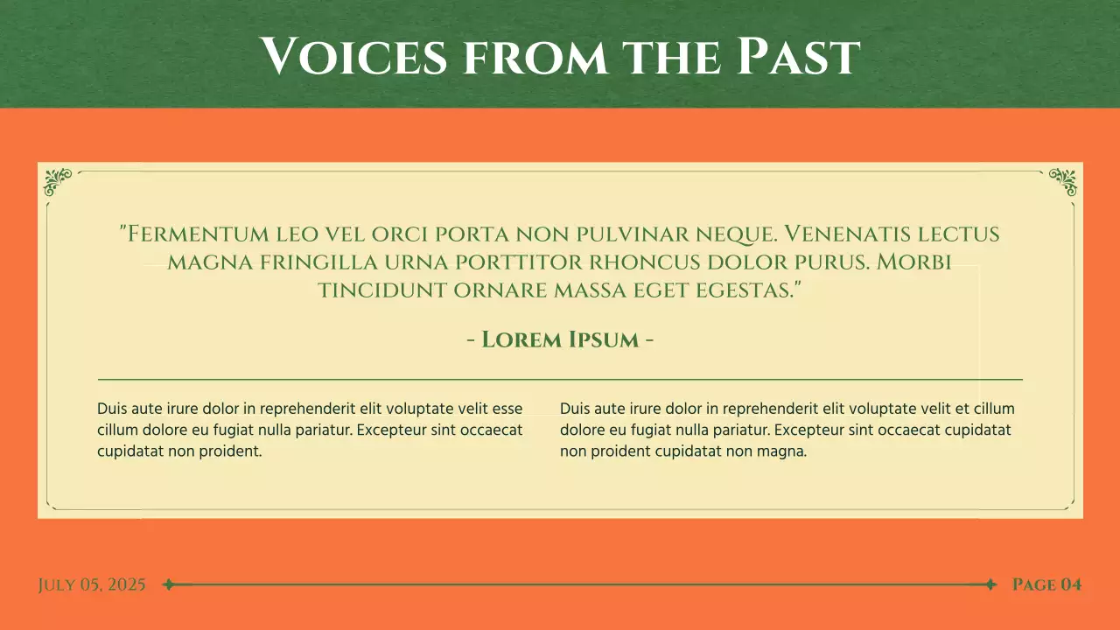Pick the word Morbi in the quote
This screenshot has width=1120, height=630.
914,262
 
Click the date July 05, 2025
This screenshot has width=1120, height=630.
92,584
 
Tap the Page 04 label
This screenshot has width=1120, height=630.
1046,584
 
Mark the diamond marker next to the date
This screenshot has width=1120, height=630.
168,584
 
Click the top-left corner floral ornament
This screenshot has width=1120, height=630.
58,181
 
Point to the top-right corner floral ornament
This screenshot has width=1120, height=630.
1062,181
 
